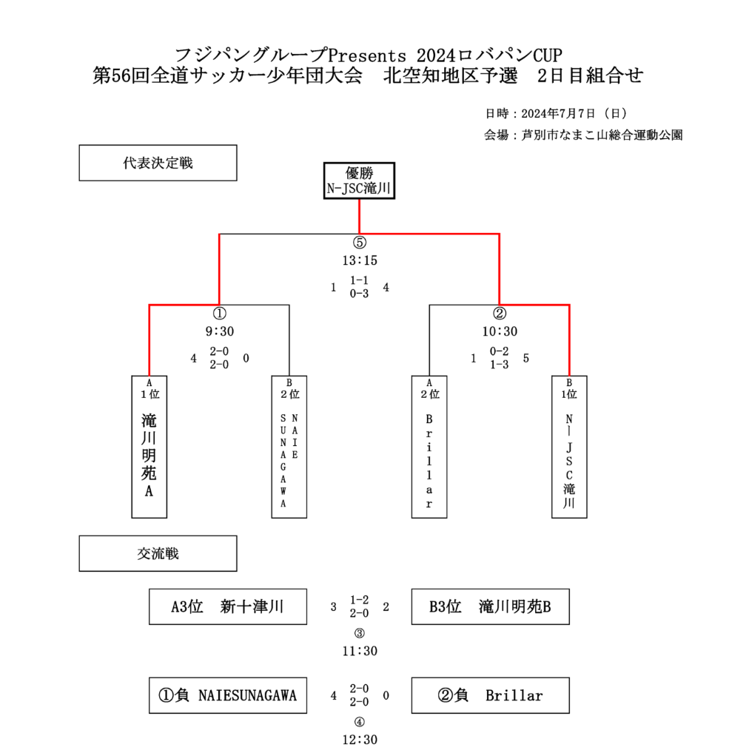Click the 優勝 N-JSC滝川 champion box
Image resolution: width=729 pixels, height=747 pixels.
(359, 180)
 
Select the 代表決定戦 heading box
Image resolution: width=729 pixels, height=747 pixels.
(158, 163)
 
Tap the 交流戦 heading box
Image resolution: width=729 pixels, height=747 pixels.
(158, 553)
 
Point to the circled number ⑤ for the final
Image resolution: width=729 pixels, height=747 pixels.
(360, 243)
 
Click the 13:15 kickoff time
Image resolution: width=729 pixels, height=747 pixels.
(360, 260)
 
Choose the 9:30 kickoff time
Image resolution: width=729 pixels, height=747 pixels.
(219, 331)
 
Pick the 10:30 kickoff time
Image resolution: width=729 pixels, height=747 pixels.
(499, 331)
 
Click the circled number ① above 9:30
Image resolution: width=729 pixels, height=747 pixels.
(219, 314)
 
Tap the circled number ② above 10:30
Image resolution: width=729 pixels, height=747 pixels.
(499, 314)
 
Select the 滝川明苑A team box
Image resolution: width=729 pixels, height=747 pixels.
(150, 447)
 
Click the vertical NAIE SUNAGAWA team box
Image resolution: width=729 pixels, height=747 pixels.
(289, 447)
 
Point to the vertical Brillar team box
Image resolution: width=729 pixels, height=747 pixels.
(429, 447)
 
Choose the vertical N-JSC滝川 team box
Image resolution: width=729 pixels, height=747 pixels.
(569, 447)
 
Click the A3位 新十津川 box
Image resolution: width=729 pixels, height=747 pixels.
(228, 607)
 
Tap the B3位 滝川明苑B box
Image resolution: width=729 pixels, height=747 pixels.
(491, 607)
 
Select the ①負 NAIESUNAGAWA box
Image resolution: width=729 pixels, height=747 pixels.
(228, 695)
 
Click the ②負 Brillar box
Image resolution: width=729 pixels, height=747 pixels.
(491, 695)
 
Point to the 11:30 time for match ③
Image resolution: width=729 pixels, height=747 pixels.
(360, 652)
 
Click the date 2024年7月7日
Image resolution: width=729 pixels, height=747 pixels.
(558, 114)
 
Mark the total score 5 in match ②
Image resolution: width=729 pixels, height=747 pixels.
(526, 358)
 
